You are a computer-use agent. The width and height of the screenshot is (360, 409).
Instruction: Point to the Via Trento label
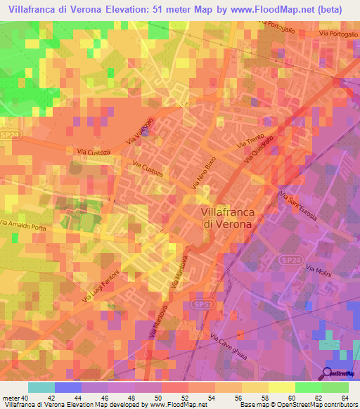(250, 140)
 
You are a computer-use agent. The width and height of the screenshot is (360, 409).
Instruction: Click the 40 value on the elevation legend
(23, 399)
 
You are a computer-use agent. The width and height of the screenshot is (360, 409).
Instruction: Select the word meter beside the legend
(10, 399)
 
